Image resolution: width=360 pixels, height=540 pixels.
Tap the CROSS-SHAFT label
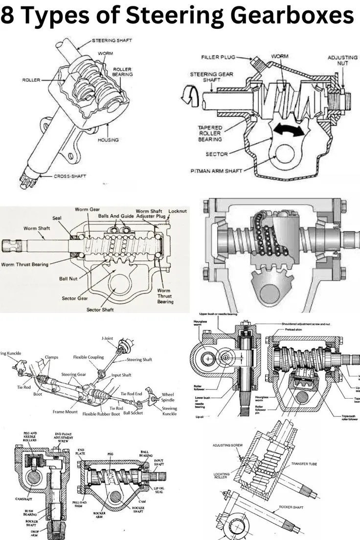click(x=69, y=176)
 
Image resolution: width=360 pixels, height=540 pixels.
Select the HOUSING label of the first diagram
click(x=108, y=140)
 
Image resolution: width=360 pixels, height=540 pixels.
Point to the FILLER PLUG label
click(x=218, y=57)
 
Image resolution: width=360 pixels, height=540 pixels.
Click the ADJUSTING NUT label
click(x=342, y=60)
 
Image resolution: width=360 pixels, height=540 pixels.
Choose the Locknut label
click(x=178, y=211)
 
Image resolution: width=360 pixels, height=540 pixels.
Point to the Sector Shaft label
click(x=100, y=310)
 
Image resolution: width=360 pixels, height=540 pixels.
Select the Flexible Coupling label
click(x=90, y=357)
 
